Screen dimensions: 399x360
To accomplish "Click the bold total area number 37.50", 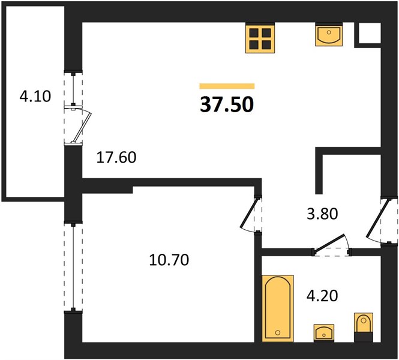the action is click(227, 105).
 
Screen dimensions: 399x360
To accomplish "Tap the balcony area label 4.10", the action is click(35, 97).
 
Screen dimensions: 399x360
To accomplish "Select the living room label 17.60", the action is click(116, 157).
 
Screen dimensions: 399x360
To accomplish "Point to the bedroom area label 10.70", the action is click(169, 260).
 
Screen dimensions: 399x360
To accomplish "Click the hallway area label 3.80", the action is click(322, 214).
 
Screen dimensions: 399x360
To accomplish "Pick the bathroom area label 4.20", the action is click(322, 296).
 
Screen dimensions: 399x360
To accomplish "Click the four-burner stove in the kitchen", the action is click(260, 38).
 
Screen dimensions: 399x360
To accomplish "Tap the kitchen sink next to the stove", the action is click(329, 35).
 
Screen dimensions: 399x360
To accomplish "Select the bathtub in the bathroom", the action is click(278, 308).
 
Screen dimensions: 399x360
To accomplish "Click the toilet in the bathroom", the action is click(364, 327).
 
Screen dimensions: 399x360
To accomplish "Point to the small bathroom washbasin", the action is click(324, 333).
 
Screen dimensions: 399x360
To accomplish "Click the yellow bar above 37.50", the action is click(227, 86).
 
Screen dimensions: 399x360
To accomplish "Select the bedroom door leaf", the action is click(250, 212).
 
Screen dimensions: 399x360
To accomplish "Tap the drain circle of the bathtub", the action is click(278, 332).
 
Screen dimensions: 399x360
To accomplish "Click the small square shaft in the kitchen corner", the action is click(370, 33).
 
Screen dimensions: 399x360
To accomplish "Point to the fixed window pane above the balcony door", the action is click(73, 89).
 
